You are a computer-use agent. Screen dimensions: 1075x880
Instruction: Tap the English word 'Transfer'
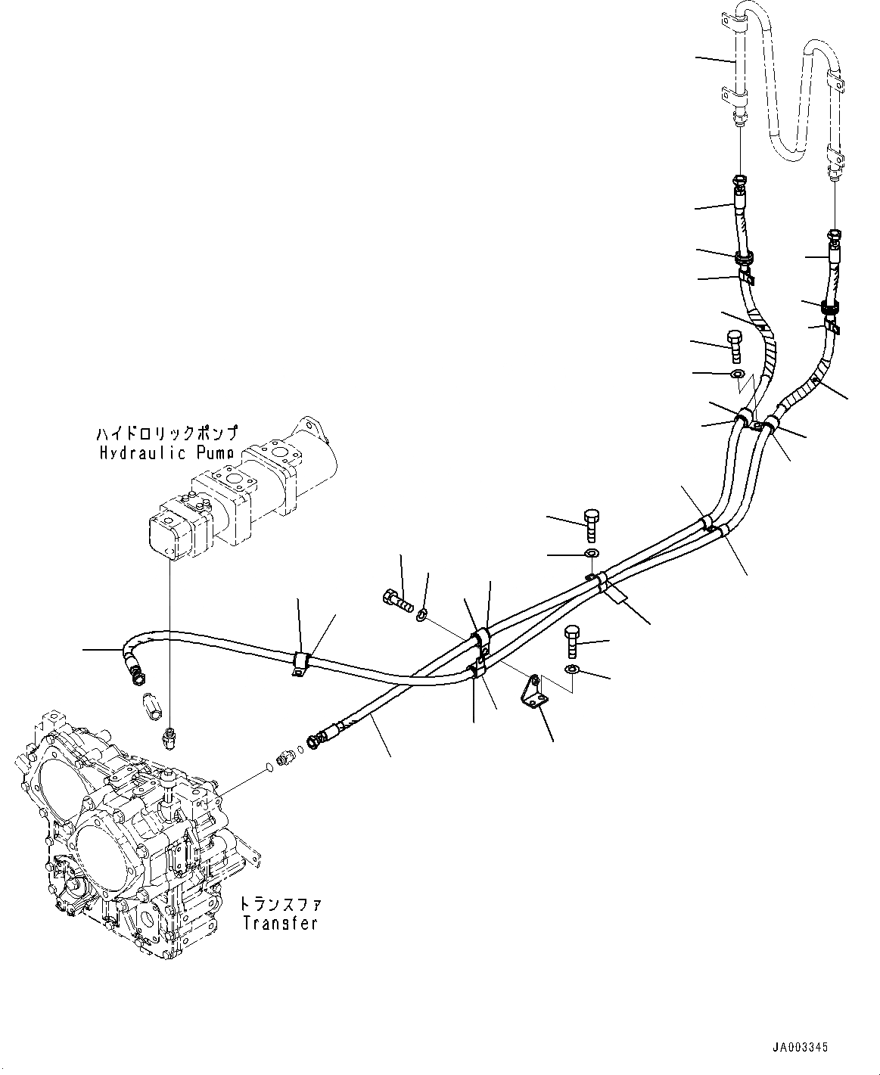click(x=279, y=924)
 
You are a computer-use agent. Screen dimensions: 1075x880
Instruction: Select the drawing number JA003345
click(x=800, y=1048)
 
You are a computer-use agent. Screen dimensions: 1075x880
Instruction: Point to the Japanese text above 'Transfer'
click(x=280, y=904)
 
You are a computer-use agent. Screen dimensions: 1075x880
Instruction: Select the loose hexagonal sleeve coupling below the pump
click(x=152, y=708)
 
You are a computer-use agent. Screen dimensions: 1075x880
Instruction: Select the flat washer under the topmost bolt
click(x=737, y=374)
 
